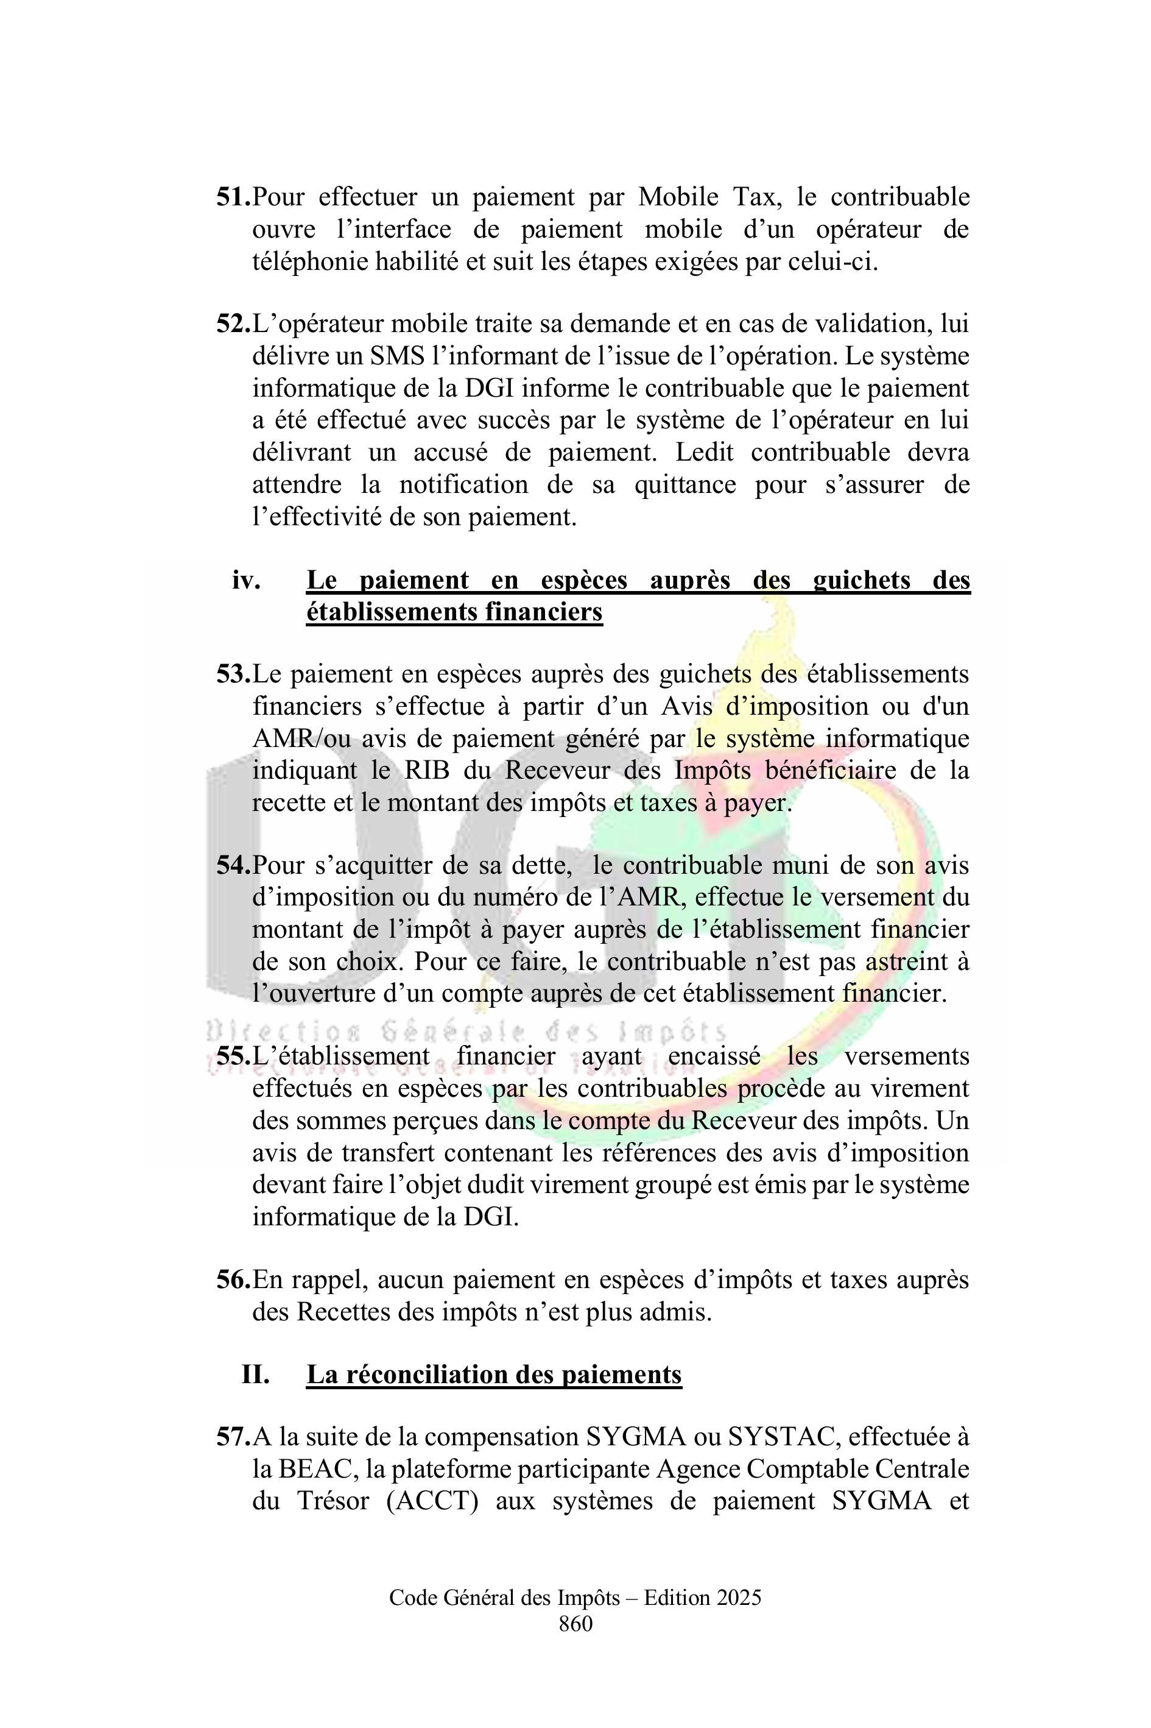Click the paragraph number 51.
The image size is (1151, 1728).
click(x=233, y=197)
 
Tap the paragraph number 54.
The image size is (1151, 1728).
click(x=233, y=865)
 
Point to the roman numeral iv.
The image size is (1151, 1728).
click(x=246, y=581)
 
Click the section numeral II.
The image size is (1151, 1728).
click(x=255, y=1374)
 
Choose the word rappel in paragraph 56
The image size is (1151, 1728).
click(x=329, y=1280)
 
